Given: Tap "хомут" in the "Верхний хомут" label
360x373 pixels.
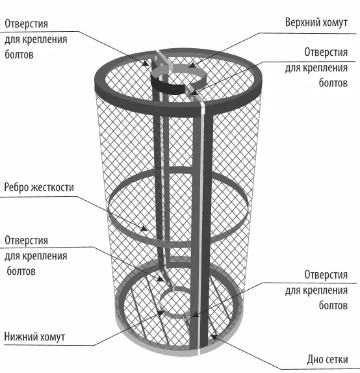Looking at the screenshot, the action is tap(335, 23).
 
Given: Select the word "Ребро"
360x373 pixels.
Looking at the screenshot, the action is tap(16, 188).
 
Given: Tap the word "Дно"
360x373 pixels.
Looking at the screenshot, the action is tap(315, 359).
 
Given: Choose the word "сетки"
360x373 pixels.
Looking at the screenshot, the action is tap(337, 360).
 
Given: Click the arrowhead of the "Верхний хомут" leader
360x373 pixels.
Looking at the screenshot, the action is tap(192, 65).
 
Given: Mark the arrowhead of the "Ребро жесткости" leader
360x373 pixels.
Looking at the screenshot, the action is tap(144, 229).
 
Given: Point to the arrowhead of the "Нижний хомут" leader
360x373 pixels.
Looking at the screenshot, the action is tap(161, 314).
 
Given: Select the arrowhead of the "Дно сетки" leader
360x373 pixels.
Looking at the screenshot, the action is tap(214, 337).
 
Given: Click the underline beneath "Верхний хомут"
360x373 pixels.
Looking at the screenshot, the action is tap(307, 33).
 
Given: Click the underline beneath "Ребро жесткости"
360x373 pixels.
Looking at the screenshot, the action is tap(38, 197).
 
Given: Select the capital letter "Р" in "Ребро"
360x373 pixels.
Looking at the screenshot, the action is tap(7, 187).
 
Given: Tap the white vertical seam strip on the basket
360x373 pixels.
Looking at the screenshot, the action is tap(202, 190).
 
